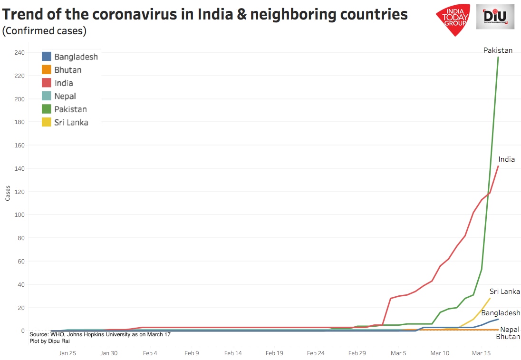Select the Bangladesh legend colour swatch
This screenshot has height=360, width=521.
[47, 57]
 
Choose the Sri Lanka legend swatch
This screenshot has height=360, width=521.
[47, 122]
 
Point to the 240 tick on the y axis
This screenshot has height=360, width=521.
[19, 52]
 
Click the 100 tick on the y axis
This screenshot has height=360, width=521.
[19, 215]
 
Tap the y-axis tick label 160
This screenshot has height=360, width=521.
[19, 145]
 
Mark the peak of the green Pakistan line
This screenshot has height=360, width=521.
[498, 57]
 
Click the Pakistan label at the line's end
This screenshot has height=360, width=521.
[498, 50]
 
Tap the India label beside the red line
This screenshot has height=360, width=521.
[506, 159]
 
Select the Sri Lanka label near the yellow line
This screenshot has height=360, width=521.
[504, 292]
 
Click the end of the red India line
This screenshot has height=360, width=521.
[498, 166]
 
